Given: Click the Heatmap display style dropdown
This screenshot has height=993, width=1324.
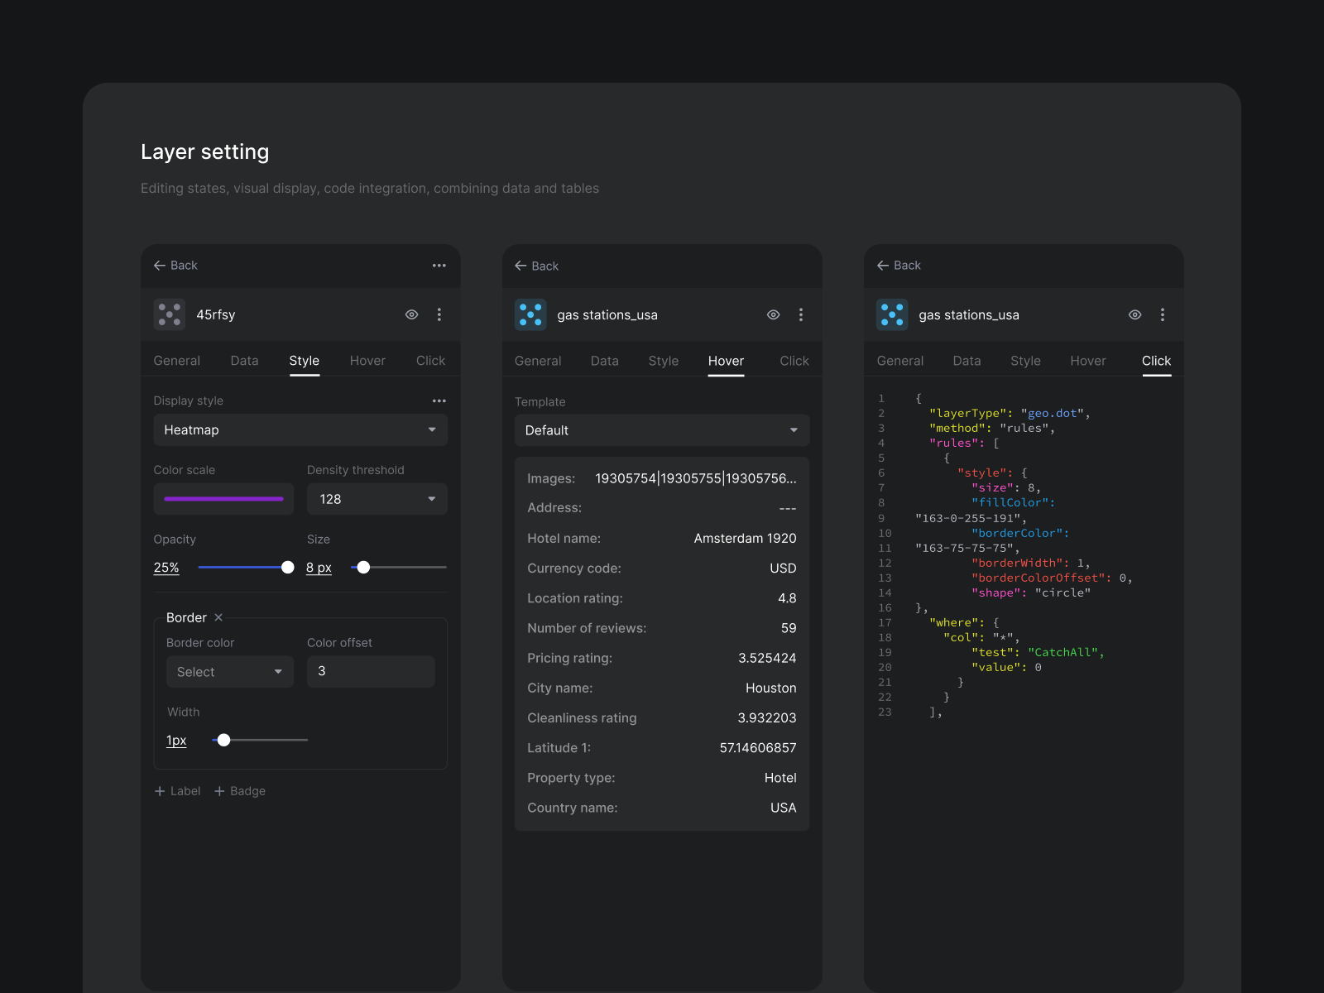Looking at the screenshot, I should point(300,430).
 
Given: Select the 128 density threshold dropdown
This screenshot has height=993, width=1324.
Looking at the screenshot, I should point(377,499).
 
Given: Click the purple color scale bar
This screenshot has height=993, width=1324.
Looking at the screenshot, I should point(223,499).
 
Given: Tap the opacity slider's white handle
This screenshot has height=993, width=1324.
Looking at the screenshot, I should point(287,567).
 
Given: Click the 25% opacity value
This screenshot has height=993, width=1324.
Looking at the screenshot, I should point(166,568).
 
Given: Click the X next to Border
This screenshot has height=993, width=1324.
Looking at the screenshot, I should point(218,617).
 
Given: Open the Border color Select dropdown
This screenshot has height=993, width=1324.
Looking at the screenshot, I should point(229,672).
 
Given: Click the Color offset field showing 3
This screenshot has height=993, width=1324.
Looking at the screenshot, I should point(370,671).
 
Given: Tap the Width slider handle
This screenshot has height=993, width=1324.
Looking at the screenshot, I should point(223,740).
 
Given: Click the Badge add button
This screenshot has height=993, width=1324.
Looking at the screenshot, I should point(240,791).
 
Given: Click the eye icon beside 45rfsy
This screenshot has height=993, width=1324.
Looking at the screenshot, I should point(411,314).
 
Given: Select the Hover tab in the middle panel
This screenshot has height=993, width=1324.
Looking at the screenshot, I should point(726,361).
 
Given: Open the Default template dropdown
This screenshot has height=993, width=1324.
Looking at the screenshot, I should point(661,430).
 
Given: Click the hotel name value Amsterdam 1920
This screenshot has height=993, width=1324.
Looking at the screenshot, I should point(745,539).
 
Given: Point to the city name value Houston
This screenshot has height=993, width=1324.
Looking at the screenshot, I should point(770,688).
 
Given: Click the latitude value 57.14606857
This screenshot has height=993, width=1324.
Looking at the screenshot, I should point(757,748).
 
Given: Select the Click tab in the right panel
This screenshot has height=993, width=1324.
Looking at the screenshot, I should point(1155,361).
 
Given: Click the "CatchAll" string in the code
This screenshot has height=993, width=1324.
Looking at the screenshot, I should point(1065,653).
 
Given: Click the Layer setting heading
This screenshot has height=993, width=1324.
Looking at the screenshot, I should point(204,152).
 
